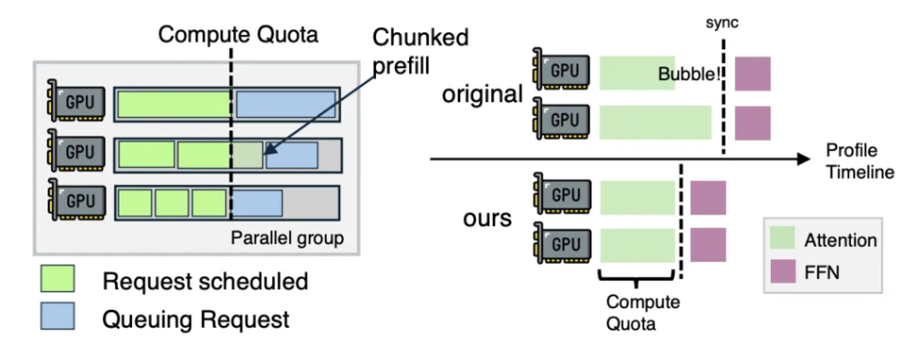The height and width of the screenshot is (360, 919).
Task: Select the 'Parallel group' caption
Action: [x=287, y=238]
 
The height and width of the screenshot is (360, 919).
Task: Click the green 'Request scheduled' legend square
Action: [x=59, y=281]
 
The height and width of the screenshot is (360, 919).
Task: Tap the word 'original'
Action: [x=482, y=93]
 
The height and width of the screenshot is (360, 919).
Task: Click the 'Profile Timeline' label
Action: [x=859, y=161]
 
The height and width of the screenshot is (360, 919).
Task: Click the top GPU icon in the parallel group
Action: [x=79, y=102]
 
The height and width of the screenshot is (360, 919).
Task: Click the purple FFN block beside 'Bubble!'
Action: [x=752, y=74]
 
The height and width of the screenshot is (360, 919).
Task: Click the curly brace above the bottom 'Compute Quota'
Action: [x=637, y=277]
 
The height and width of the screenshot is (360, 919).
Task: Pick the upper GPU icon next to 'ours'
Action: [x=559, y=196]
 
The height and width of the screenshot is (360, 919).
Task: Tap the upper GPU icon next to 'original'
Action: [x=559, y=72]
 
